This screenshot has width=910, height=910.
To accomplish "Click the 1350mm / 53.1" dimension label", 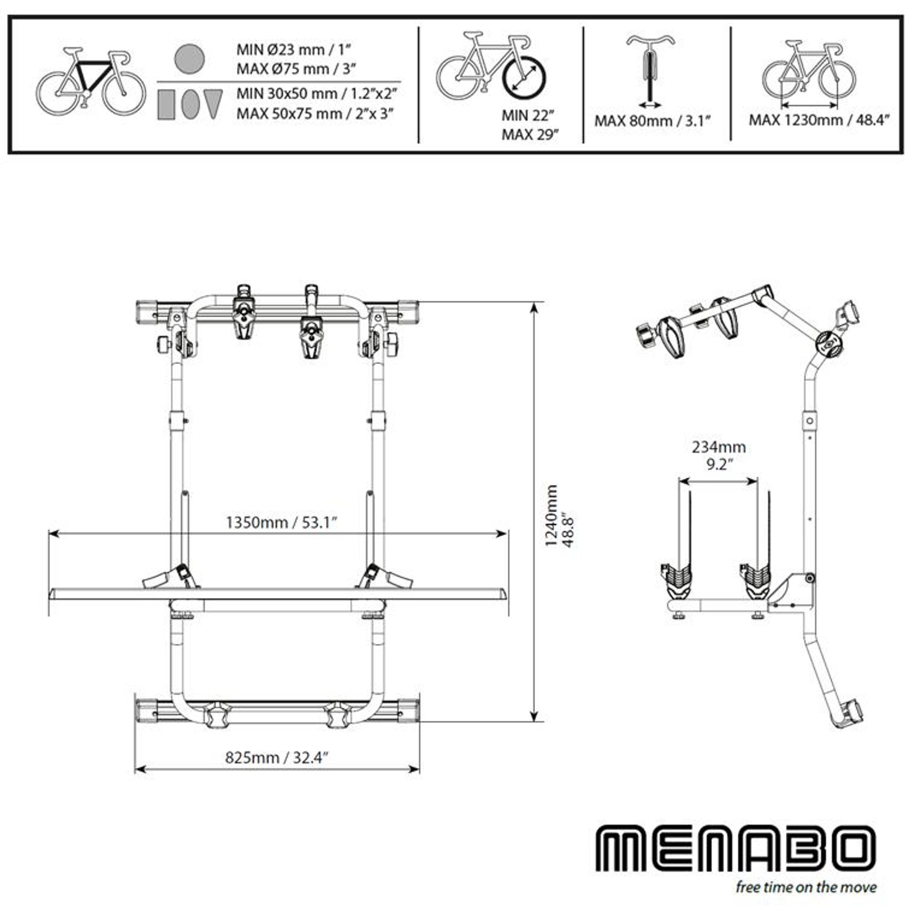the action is click(282, 522).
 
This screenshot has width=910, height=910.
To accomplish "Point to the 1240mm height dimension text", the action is click(551, 516).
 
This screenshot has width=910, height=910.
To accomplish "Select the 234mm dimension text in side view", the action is click(718, 446).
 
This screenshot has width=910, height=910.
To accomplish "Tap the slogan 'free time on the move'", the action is click(806, 887).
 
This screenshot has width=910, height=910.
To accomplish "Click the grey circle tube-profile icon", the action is click(189, 59).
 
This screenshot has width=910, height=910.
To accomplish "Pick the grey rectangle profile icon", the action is click(166, 104).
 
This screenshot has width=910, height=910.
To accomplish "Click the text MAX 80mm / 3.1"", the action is click(652, 121).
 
